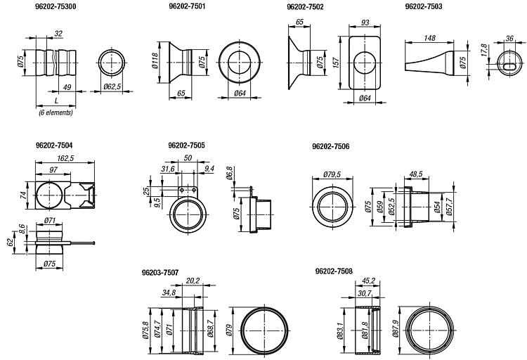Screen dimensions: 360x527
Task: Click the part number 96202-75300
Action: [x=56, y=6]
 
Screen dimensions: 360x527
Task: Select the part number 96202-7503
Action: [x=424, y=6]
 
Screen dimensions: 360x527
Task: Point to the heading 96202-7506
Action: [x=330, y=147]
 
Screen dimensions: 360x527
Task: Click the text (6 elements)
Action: [x=56, y=112]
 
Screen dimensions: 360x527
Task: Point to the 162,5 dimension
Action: [x=65, y=159]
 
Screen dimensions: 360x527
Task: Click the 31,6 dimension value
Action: [x=167, y=169]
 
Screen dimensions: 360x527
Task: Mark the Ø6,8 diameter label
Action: [x=230, y=172]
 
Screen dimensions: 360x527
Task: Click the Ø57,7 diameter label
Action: [x=452, y=207]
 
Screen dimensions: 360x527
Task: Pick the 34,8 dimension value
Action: [x=169, y=292]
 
